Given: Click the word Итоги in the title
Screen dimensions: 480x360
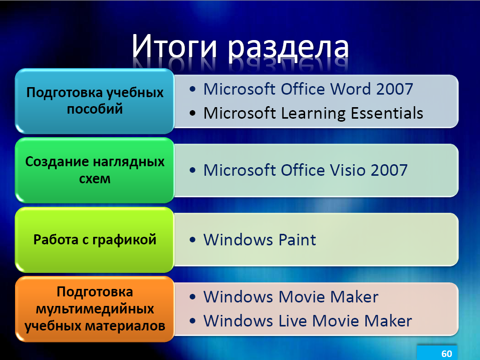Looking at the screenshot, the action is tap(174, 46).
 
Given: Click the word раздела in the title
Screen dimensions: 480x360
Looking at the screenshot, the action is tap(288, 49).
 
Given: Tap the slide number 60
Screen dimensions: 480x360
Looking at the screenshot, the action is tap(446, 353).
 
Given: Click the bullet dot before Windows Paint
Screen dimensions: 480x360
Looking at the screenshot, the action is tap(192, 239).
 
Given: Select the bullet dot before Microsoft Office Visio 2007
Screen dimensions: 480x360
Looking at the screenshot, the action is tap(192, 170).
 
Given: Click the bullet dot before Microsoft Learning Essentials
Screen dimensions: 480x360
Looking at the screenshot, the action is tap(192, 113).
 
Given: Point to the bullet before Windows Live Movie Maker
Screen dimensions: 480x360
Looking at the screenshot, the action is tap(192, 321).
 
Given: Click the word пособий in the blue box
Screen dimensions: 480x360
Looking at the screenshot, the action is tap(95, 109).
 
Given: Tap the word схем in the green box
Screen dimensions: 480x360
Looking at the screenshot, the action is tap(95, 179).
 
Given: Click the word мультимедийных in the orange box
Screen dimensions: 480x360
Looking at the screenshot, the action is tap(95, 309).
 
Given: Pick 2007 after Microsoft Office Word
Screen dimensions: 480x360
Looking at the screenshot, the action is tap(395, 89).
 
